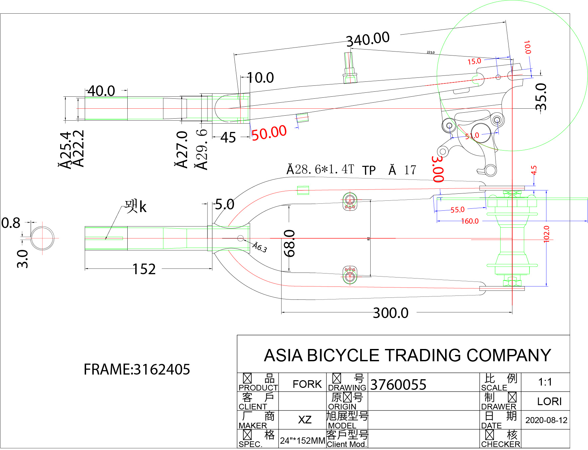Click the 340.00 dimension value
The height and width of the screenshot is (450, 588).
[x=368, y=39]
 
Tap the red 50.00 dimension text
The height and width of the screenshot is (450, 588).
[x=269, y=133]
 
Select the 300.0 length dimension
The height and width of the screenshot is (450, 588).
[x=391, y=313]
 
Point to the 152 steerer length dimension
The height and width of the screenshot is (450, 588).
[x=144, y=269]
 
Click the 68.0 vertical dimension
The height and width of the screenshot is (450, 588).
[x=290, y=243]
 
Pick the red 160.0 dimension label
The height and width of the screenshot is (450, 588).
[x=470, y=221]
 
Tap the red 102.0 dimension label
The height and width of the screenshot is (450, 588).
[x=546, y=234]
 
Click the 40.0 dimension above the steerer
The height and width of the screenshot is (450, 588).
[x=101, y=91]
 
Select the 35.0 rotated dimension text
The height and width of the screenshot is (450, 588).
[x=541, y=97]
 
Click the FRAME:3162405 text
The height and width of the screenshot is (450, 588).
[x=137, y=370]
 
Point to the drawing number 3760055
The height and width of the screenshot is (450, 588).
[x=398, y=385]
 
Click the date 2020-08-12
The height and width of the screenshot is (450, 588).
[x=546, y=420]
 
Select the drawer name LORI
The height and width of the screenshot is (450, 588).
[x=549, y=401]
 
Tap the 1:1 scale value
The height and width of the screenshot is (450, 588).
[x=545, y=382]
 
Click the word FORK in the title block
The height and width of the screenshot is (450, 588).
[x=307, y=384]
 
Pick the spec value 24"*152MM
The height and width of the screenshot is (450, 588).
[x=302, y=441]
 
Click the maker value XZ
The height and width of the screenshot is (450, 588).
[x=304, y=420]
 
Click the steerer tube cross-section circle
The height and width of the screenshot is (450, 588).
[x=43, y=238]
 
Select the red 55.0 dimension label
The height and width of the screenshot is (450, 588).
[x=457, y=210]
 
